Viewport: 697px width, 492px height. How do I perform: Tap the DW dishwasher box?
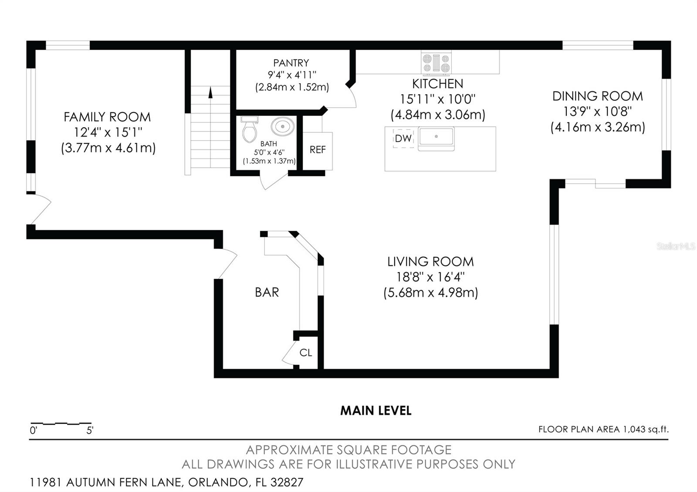coord(403,138)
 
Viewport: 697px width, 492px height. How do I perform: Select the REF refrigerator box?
coord(318,150)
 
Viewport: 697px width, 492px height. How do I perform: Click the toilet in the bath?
coord(250,130)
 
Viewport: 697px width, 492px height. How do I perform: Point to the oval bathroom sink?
coord(283,127)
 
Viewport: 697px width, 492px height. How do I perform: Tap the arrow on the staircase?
coord(211,92)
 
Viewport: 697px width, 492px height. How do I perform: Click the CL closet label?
coord(306,353)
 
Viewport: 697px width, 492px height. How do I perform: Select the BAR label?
coord(267,292)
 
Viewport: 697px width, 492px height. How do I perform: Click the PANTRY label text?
coord(291,63)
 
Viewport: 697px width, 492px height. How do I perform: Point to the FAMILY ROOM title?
coord(107,117)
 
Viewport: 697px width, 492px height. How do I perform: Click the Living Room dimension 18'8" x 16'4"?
coord(430,277)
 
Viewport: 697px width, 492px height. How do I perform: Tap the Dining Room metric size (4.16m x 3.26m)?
coord(598,127)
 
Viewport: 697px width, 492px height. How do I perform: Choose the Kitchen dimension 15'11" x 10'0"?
coord(437,99)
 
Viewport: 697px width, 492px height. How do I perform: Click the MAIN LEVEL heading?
coord(376,411)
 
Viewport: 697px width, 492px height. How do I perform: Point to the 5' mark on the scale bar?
coord(90,431)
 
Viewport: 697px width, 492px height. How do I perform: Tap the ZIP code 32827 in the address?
coord(287,482)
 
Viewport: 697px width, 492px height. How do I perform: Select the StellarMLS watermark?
coord(676,246)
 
